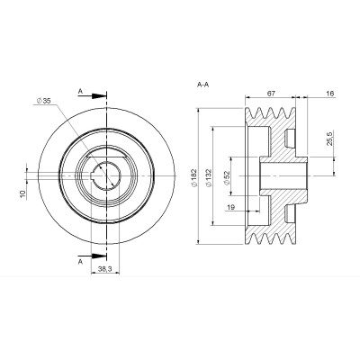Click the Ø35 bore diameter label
[43, 101]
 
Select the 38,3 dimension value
[105, 269]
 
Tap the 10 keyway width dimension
[22, 194]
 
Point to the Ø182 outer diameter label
[193, 178]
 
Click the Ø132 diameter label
[209, 178]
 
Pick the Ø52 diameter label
[227, 178]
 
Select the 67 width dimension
[271, 94]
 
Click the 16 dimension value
[329, 94]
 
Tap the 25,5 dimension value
[329, 139]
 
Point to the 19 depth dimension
[231, 207]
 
